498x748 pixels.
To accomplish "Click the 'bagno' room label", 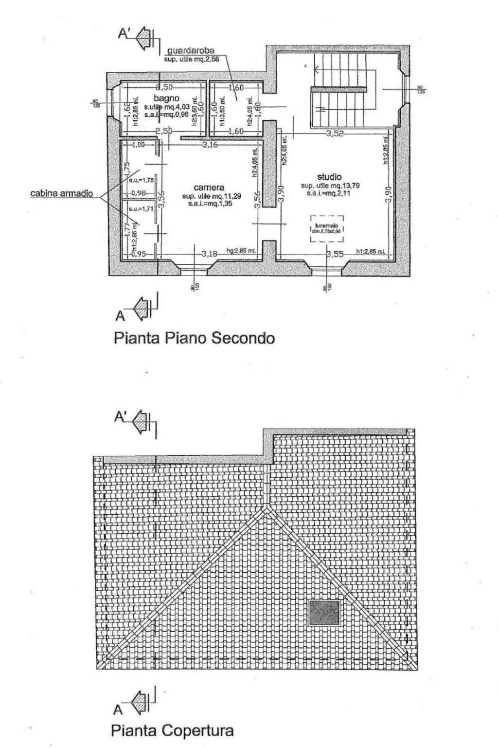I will [167, 98].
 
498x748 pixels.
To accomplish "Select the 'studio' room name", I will [329, 177].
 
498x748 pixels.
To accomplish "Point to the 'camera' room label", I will [209, 187].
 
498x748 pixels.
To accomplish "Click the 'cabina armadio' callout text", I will [62, 193].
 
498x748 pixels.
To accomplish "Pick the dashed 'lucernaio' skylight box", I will [327, 228].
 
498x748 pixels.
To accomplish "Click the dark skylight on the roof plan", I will [324, 613].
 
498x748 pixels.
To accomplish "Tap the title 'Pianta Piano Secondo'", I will [194, 338].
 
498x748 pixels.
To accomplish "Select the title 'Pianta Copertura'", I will [172, 730].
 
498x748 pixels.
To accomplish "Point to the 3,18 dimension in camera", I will [210, 253].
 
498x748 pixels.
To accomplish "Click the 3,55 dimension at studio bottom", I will [335, 254].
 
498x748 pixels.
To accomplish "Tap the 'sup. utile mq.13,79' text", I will [330, 186].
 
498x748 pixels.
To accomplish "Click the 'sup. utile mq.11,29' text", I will [209, 196].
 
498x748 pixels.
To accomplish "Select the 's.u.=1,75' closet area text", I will [138, 181].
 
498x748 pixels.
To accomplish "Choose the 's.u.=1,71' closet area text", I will [138, 209].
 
